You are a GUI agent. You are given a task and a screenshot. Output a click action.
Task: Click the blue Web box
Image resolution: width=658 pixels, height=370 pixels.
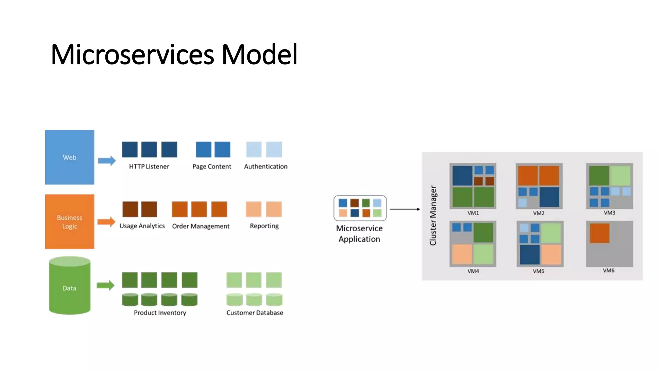[69, 157]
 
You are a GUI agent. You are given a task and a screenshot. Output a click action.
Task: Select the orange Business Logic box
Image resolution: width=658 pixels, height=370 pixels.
[69, 222]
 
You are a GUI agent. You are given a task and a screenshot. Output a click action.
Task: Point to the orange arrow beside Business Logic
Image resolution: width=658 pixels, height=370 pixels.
[106, 222]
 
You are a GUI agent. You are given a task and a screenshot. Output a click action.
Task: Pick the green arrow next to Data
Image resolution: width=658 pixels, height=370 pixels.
[106, 285]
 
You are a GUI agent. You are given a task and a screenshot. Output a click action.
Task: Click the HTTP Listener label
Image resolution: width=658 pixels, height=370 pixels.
[149, 166]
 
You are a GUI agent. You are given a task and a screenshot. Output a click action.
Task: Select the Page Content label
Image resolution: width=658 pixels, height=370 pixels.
[212, 166]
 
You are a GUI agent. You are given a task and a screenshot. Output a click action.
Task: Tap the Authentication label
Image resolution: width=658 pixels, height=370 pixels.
[266, 166]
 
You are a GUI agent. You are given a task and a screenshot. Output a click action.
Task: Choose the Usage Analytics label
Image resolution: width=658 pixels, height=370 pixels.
[142, 226]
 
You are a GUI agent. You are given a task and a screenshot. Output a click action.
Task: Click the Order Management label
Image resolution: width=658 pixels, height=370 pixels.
[201, 226]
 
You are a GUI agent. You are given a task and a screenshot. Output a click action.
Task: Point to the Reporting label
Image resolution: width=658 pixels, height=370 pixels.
[264, 226]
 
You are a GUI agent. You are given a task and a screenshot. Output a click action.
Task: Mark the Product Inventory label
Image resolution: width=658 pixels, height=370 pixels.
[160, 313]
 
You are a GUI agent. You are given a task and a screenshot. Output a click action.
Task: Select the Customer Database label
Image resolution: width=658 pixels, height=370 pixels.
[255, 313]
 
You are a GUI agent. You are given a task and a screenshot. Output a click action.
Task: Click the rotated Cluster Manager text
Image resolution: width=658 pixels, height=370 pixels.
[433, 216]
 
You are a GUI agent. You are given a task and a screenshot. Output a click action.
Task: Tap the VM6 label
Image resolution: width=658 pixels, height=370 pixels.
[609, 270]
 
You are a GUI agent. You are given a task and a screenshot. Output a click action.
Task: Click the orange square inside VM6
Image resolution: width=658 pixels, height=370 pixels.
[600, 233]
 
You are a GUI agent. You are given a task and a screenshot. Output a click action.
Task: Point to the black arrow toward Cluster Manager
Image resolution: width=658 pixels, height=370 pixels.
[405, 209]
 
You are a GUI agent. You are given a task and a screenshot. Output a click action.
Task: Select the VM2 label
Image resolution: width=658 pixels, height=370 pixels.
[538, 213]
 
